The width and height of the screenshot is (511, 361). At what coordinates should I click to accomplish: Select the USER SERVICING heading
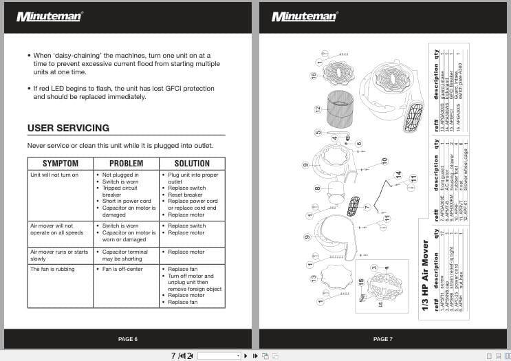(68, 128)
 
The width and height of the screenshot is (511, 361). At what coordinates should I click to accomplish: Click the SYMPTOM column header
(61, 164)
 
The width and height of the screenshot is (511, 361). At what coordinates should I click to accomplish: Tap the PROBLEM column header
(127, 164)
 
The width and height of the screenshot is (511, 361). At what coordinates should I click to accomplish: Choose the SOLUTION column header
(192, 164)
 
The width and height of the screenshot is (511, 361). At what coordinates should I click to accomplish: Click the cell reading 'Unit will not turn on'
(54, 175)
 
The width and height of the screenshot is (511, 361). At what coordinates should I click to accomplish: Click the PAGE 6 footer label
(127, 339)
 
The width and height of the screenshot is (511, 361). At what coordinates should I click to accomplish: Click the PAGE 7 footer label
(382, 339)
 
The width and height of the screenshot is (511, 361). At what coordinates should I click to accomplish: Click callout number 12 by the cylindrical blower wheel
(318, 109)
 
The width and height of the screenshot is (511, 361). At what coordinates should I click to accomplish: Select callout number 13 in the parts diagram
(313, 278)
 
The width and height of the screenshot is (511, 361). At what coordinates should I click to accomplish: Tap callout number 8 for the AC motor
(317, 188)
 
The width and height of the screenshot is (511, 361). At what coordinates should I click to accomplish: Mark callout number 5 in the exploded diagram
(318, 133)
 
